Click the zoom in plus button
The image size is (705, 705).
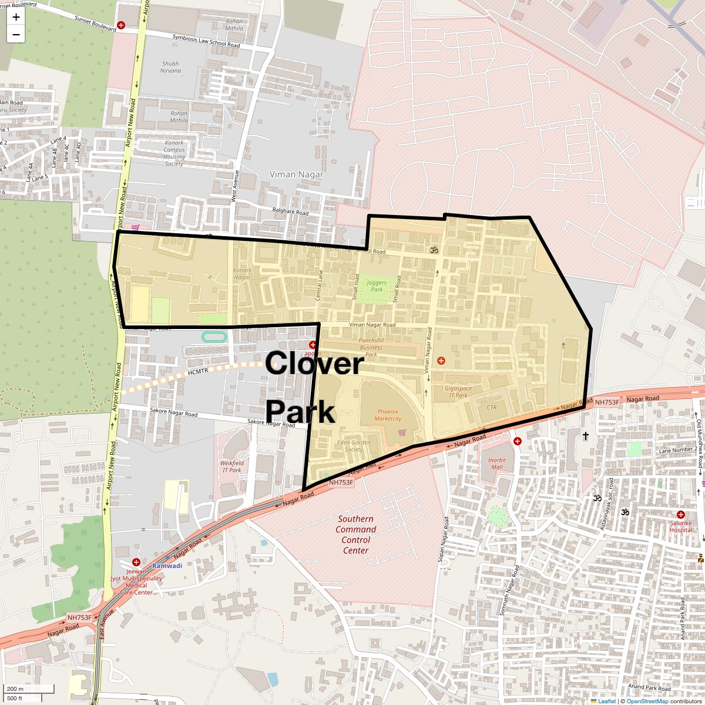[x=16, y=16]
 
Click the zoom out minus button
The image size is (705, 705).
[x=16, y=34]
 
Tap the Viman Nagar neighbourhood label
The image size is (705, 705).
[x=296, y=174]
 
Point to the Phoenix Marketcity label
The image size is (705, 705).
[x=388, y=415]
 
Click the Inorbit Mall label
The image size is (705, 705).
[x=496, y=464]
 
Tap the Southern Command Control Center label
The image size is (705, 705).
[x=355, y=535]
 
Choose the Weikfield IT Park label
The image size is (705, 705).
[x=231, y=466]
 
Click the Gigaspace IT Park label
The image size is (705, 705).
[x=458, y=392]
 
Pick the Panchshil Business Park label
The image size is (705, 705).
[x=371, y=347]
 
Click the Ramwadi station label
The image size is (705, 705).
[x=167, y=566]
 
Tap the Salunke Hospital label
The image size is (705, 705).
[x=680, y=526]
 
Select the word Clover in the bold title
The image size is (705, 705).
[x=314, y=363]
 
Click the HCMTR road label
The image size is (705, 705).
[x=199, y=373]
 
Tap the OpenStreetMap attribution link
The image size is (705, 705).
[x=647, y=701]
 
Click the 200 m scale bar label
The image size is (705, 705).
[x=16, y=689]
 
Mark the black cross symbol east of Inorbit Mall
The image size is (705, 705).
[x=585, y=436]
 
